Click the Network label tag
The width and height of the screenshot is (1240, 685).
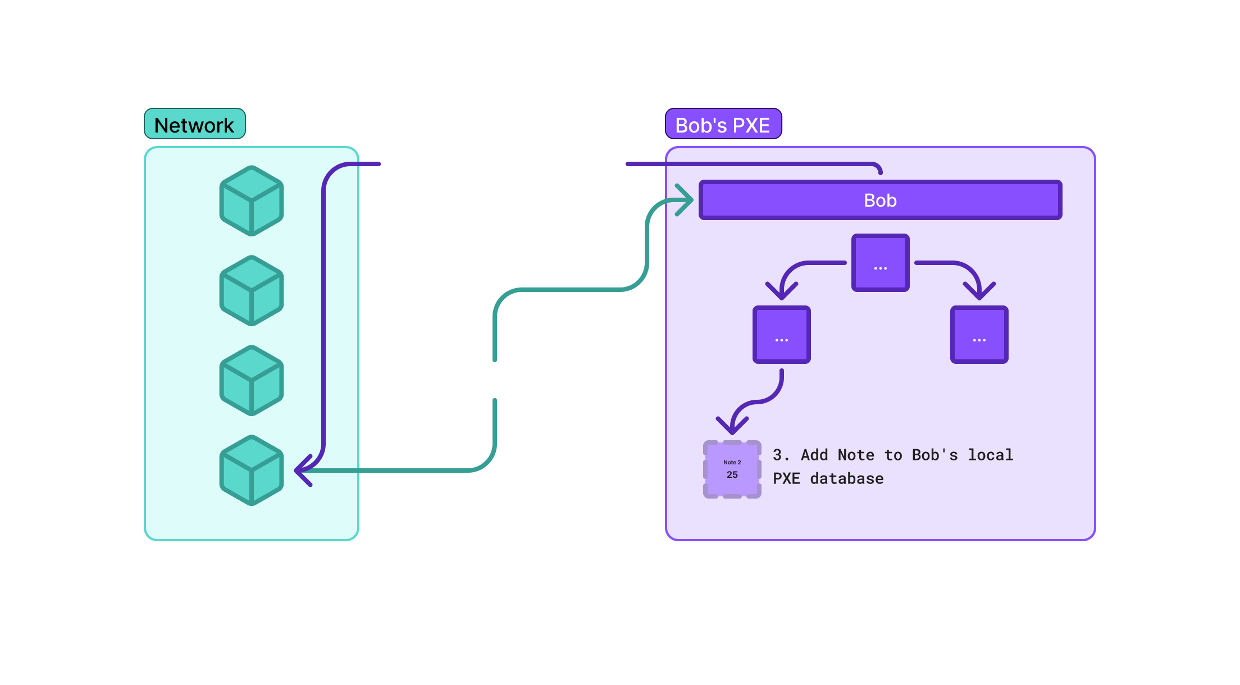coord(194,124)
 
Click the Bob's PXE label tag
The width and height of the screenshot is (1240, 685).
coord(723,124)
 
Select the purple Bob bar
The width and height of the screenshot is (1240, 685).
coord(880,200)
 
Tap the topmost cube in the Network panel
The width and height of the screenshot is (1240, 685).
coord(251,200)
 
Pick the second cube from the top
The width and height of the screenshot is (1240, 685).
coord(251,290)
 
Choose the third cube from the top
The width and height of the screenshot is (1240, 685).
coord(251,380)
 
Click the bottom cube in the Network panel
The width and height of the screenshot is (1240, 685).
coord(251,470)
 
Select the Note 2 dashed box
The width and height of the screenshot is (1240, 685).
coord(732,469)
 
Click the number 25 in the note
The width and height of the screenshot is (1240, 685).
coord(732,475)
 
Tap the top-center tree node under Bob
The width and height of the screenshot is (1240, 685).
coord(880,262)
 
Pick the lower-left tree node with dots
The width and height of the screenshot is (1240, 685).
coord(781,334)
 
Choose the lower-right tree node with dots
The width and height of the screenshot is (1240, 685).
coord(979,334)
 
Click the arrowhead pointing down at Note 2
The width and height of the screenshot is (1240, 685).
coord(732,427)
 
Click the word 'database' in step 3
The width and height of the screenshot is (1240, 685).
coord(846,478)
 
